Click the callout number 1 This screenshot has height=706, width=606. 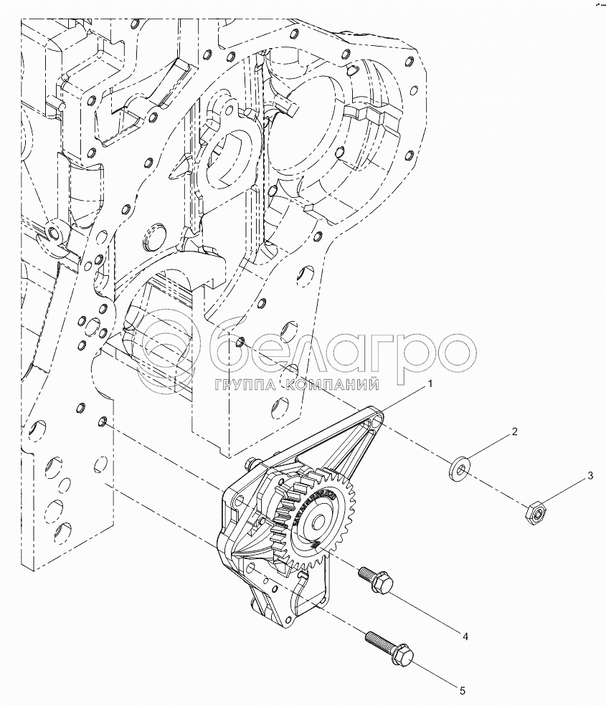(430, 384)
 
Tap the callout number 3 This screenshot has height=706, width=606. (590, 475)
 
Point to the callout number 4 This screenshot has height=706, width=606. (465, 636)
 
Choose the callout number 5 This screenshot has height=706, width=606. (463, 690)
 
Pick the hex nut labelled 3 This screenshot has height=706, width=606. (534, 511)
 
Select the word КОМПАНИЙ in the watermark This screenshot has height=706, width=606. (333, 386)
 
